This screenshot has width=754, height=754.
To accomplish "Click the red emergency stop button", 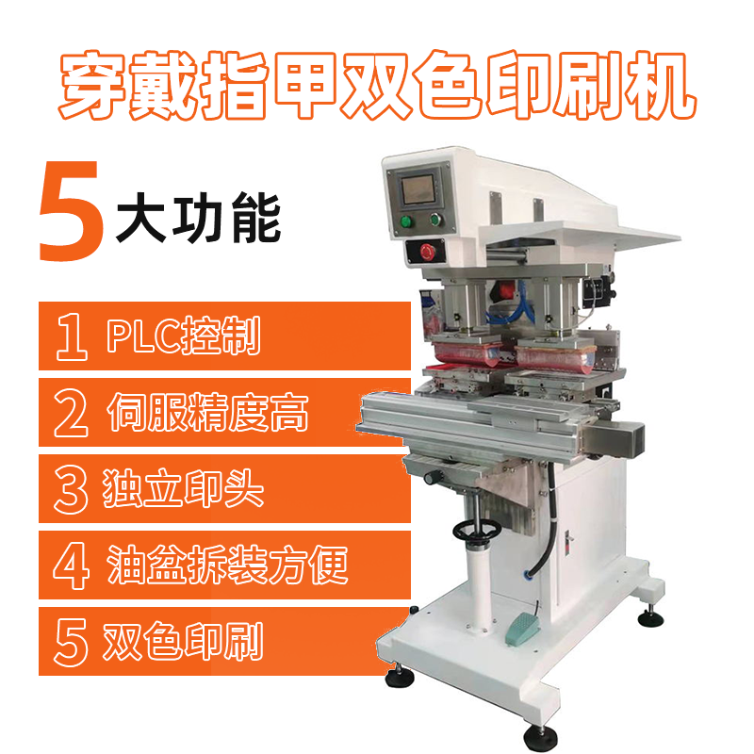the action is pyautogui.click(x=427, y=252).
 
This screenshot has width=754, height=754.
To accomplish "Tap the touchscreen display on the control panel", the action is pyautogui.click(x=418, y=189).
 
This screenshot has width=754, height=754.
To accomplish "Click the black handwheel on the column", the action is pyautogui.click(x=477, y=532).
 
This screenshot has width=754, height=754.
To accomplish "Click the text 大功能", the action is pyautogui.click(x=198, y=219).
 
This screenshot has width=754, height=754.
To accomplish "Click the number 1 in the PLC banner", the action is pyautogui.click(x=73, y=336).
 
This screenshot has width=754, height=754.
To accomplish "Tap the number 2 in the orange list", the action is pyautogui.click(x=72, y=413).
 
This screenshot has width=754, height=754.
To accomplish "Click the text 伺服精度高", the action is pyautogui.click(x=207, y=413).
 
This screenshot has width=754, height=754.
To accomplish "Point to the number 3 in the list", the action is pyautogui.click(x=72, y=489).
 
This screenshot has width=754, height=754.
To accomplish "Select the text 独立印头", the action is pyautogui.click(x=183, y=488).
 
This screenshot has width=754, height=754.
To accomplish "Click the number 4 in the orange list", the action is pyautogui.click(x=72, y=565).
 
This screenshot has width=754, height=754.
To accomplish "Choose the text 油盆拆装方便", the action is pyautogui.click(x=227, y=565).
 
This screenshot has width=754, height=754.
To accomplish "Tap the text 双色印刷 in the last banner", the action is pyautogui.click(x=183, y=642).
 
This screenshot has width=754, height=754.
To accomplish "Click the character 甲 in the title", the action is pyautogui.click(x=304, y=85).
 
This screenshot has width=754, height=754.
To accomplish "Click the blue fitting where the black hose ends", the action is pyautogui.click(x=528, y=573).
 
